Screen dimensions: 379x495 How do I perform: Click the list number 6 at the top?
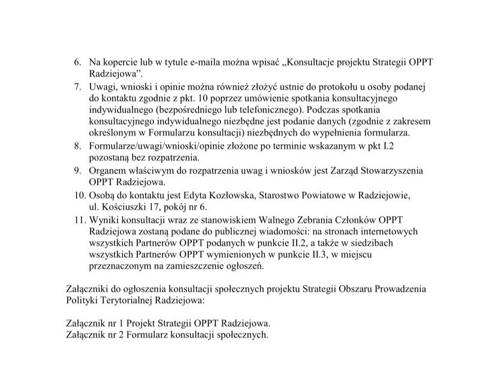click(76, 62)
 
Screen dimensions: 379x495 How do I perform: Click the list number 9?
click(77, 171)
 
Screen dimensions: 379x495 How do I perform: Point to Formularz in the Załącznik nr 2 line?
click(158, 335)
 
